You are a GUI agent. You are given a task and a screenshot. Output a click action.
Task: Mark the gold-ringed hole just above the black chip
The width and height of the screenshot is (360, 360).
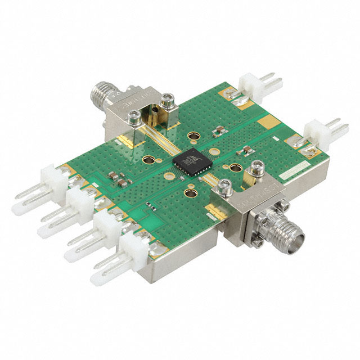(193, 137)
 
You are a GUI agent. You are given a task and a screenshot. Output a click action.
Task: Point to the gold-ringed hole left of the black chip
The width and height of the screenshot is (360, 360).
(150, 160)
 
